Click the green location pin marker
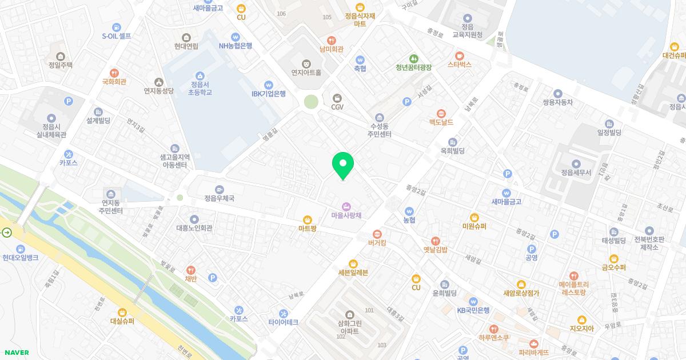(x=343, y=165)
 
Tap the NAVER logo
(x=15, y=353)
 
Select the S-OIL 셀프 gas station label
(x=117, y=36)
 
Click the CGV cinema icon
(x=337, y=98)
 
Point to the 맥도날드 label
(x=441, y=122)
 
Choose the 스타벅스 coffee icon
(x=460, y=55)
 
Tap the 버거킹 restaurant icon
(x=377, y=234)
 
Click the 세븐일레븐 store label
(x=353, y=273)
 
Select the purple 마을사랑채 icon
(x=346, y=206)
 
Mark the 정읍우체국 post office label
(x=219, y=198)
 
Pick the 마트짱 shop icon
(x=308, y=219)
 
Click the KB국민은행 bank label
(x=473, y=310)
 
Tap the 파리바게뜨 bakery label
(x=534, y=352)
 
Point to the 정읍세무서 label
(x=576, y=172)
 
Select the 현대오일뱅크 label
(x=21, y=258)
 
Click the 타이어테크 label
(x=284, y=322)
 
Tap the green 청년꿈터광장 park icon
(x=413, y=58)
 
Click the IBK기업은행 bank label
(x=269, y=94)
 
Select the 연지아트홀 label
(x=306, y=73)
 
